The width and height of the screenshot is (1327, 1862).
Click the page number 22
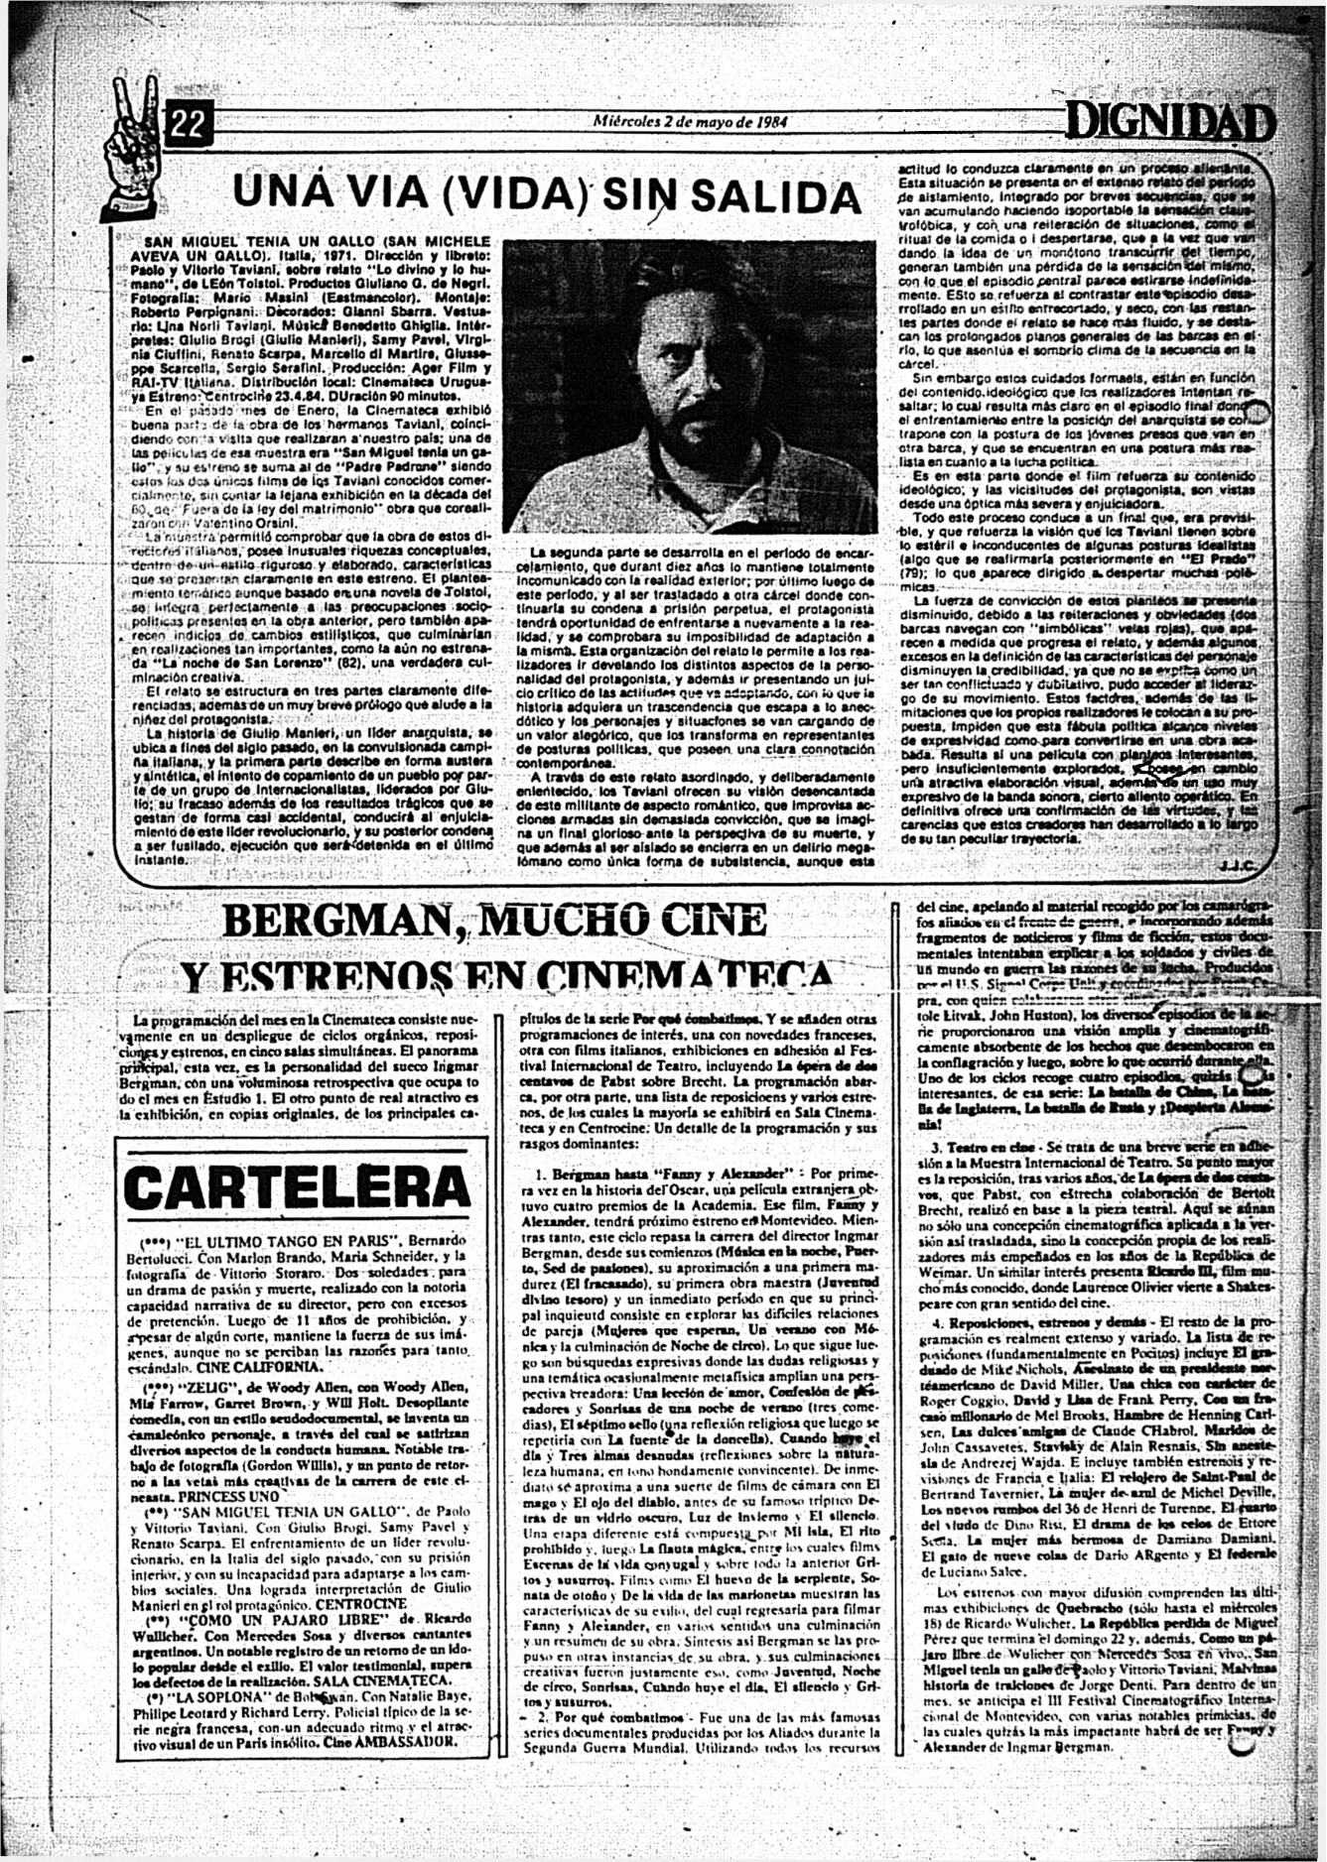tap(188, 123)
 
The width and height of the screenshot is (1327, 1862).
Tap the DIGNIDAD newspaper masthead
tap(1168, 124)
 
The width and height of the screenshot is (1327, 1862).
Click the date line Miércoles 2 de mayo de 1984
tap(689, 123)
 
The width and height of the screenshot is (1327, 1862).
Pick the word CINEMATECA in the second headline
tap(709, 974)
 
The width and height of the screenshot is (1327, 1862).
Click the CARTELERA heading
tap(295, 1186)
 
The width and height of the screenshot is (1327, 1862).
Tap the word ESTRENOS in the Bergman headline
tap(317, 974)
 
